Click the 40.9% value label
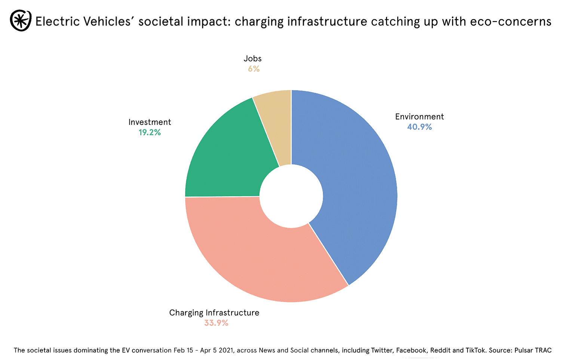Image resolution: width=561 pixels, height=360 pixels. pyautogui.click(x=419, y=127)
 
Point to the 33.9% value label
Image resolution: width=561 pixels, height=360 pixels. pyautogui.click(x=216, y=323)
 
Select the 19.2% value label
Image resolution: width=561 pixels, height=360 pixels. pyautogui.click(x=150, y=132)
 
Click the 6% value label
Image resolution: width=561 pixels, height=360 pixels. pyautogui.click(x=253, y=69)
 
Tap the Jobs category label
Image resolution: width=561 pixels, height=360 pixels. pyautogui.click(x=252, y=59)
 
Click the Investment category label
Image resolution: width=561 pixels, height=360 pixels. pyautogui.click(x=150, y=122)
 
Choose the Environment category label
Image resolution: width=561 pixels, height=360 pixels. pyautogui.click(x=419, y=117)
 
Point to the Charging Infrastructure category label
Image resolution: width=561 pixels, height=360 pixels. pyautogui.click(x=214, y=313)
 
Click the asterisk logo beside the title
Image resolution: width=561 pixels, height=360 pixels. pyautogui.click(x=21, y=21)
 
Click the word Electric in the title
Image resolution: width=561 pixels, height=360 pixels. pyautogui.click(x=57, y=22)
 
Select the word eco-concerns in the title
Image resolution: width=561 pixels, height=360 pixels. pyautogui.click(x=511, y=22)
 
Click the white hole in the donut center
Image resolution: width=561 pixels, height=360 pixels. pyautogui.click(x=291, y=196)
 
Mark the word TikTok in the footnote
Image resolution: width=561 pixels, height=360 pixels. pyautogui.click(x=475, y=350)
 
